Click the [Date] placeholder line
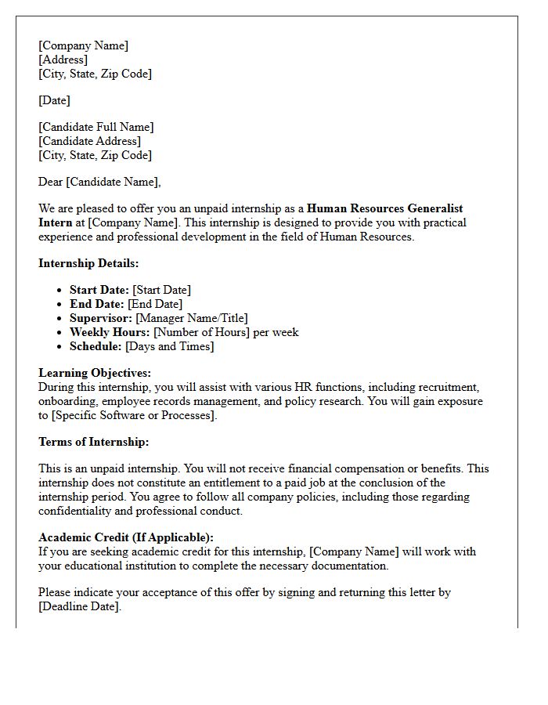point(54,100)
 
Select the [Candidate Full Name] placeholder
point(96,127)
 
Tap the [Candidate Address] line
point(89,141)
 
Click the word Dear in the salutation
point(51,182)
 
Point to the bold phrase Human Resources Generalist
point(384,208)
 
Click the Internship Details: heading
point(88,263)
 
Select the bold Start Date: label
point(99,290)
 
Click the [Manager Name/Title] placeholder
point(191,318)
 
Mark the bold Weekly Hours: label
point(110,332)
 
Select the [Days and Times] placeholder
point(169,346)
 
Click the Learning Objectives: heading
point(95,373)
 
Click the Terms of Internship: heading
point(93,442)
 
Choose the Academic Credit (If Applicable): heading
point(125,537)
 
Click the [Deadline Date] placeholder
point(79,606)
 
